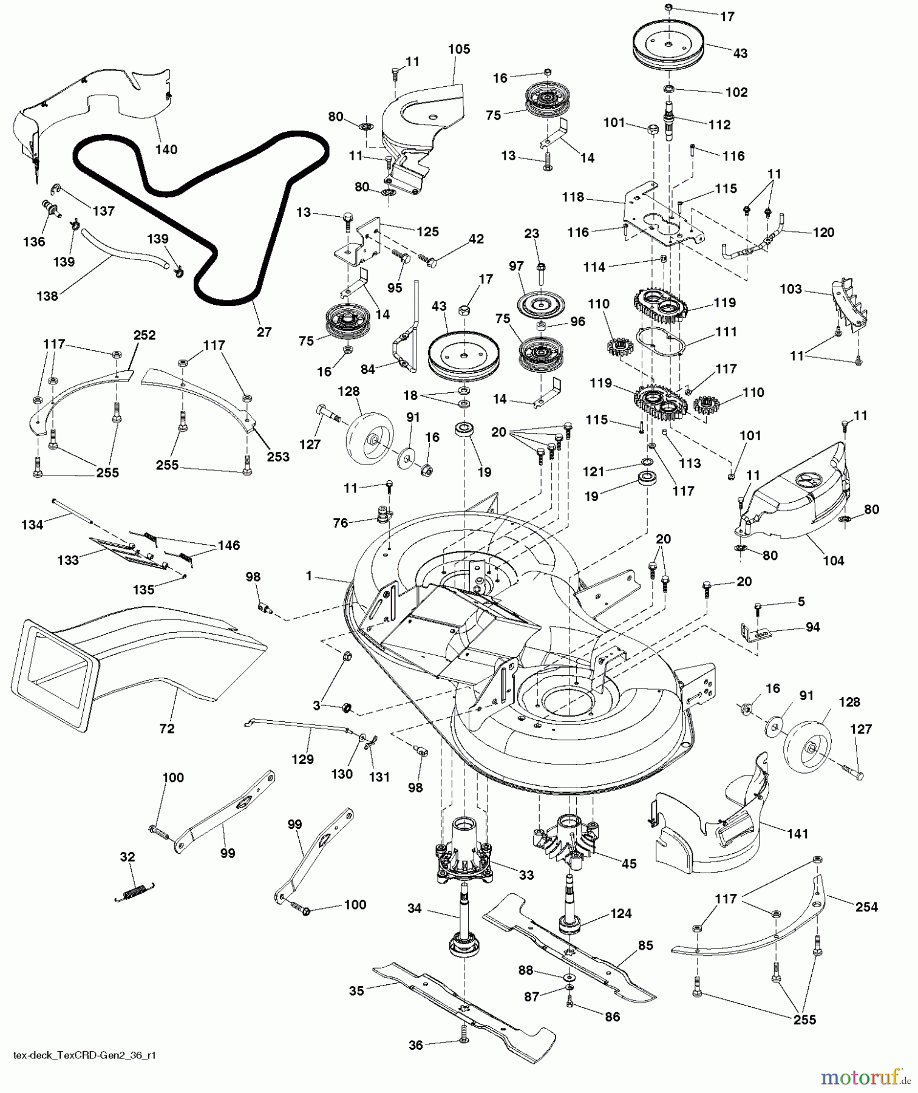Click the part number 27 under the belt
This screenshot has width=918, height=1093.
(263, 332)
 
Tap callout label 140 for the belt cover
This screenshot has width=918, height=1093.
(166, 149)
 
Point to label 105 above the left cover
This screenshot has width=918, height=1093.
(459, 49)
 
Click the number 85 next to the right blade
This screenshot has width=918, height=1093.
(645, 945)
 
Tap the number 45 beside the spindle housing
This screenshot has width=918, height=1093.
(629, 863)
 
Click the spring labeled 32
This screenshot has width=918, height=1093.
(135, 891)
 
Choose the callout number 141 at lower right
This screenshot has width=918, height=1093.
(797, 834)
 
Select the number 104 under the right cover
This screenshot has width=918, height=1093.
(833, 560)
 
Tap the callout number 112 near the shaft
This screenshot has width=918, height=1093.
(719, 124)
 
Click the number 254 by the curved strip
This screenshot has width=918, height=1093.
(866, 907)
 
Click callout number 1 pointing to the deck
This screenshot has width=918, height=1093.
(308, 575)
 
